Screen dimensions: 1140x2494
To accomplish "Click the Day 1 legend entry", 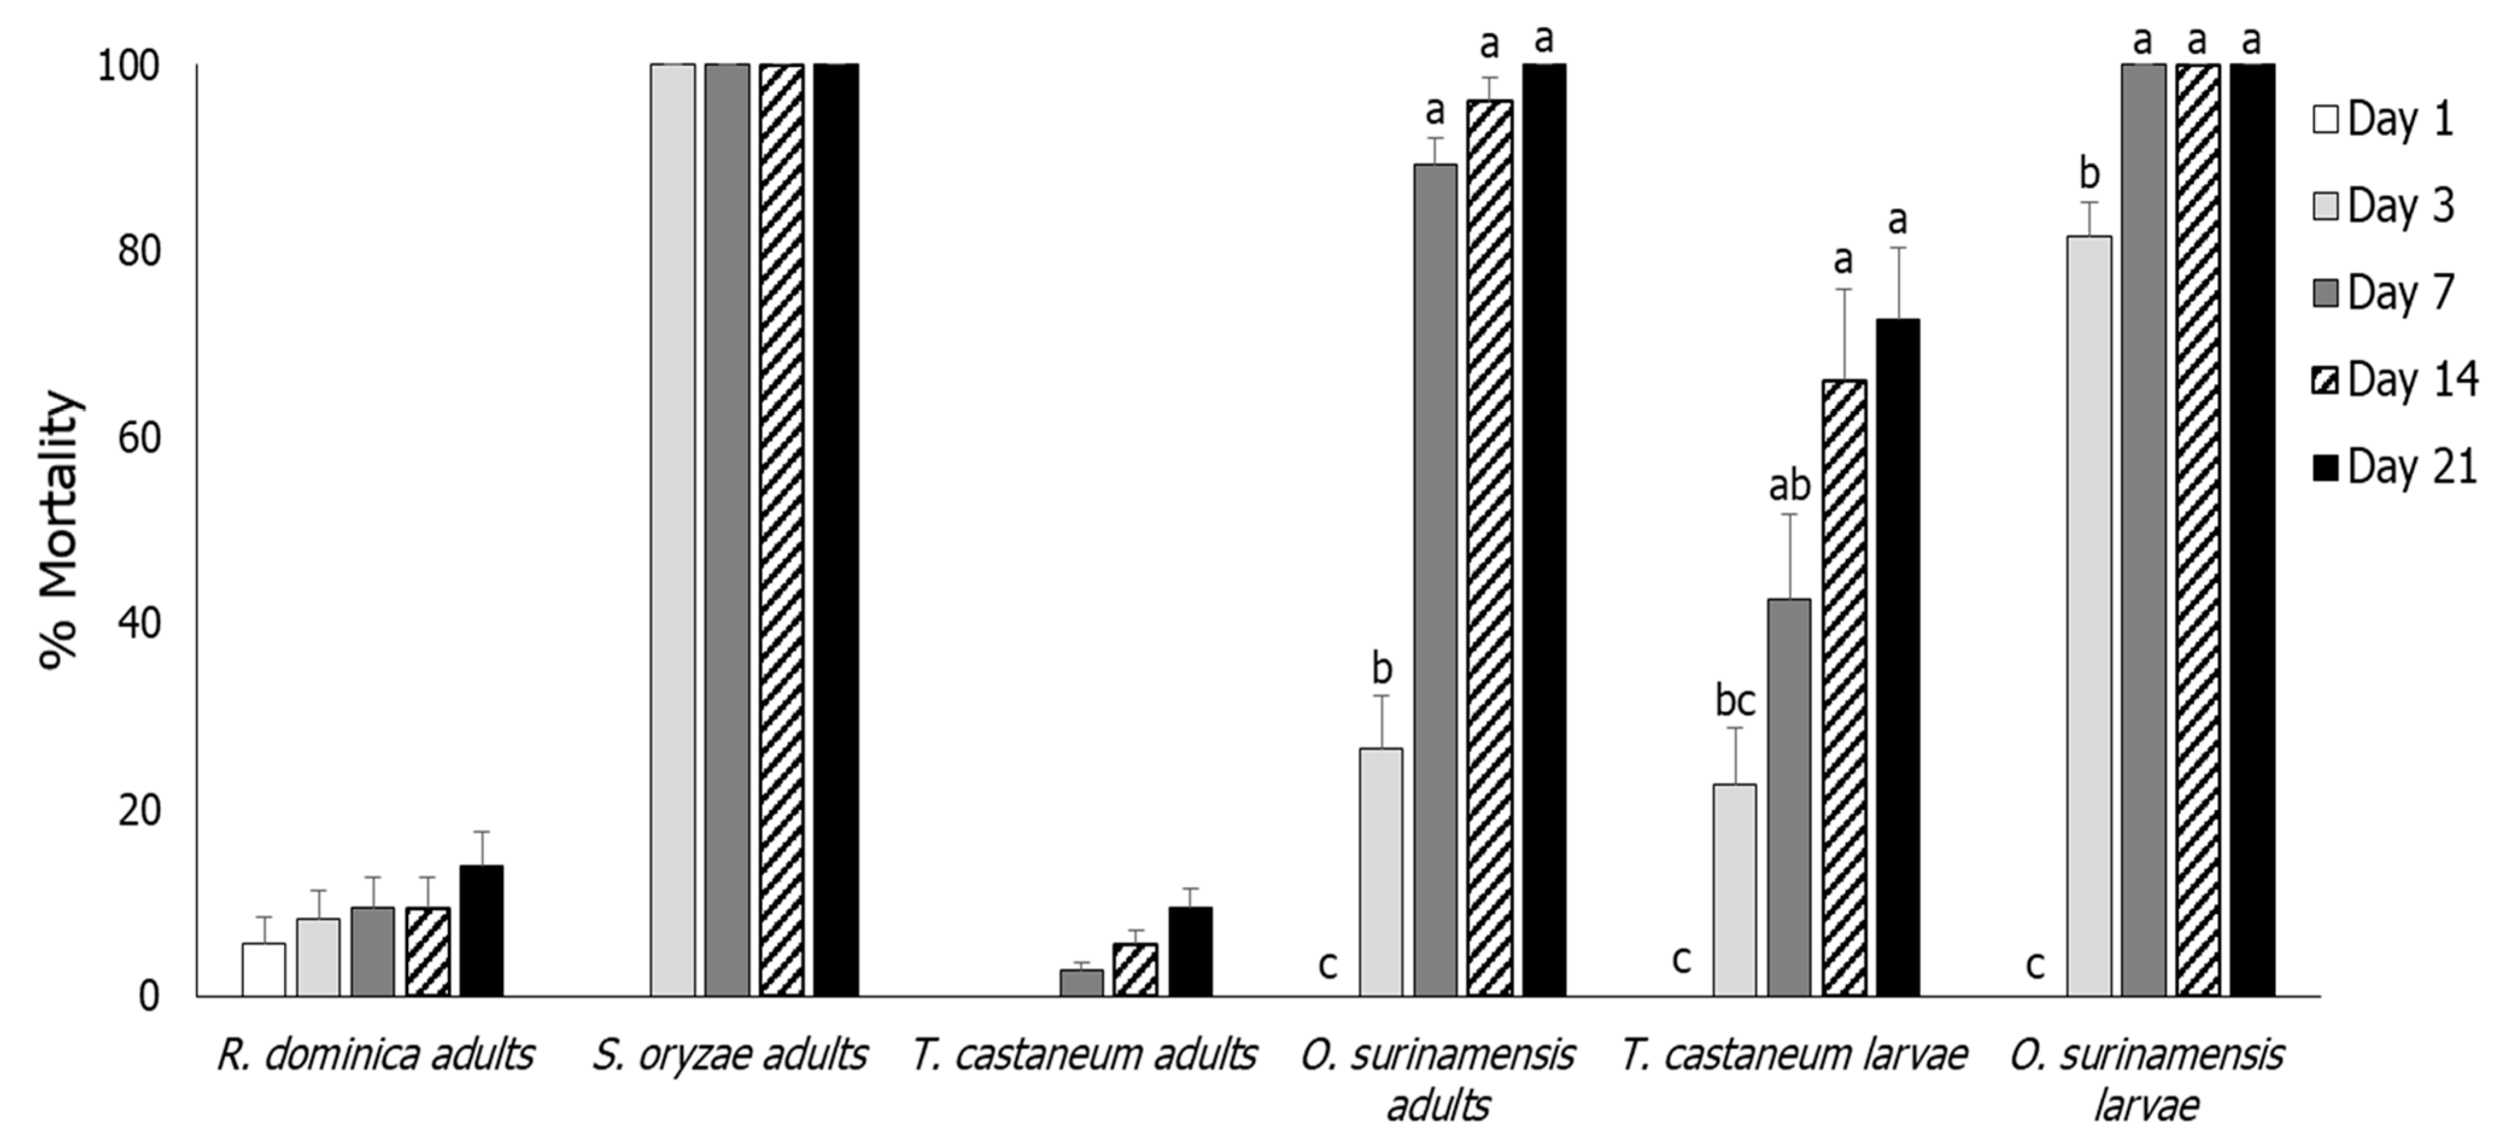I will click(2384, 120).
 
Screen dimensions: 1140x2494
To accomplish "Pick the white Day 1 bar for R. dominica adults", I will click(263, 969).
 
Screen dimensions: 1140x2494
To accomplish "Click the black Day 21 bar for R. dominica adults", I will click(481, 930).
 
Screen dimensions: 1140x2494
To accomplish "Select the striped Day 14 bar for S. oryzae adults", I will click(781, 530).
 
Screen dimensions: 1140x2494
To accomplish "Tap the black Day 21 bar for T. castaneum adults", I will click(1190, 951).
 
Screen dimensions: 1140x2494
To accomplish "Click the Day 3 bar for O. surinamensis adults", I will click(1381, 872).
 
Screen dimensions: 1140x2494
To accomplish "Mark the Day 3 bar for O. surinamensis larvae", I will click(2089, 615).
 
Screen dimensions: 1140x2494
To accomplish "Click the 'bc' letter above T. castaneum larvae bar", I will click(1735, 700).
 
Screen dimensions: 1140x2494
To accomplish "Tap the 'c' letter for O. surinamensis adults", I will click(1327, 964).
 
